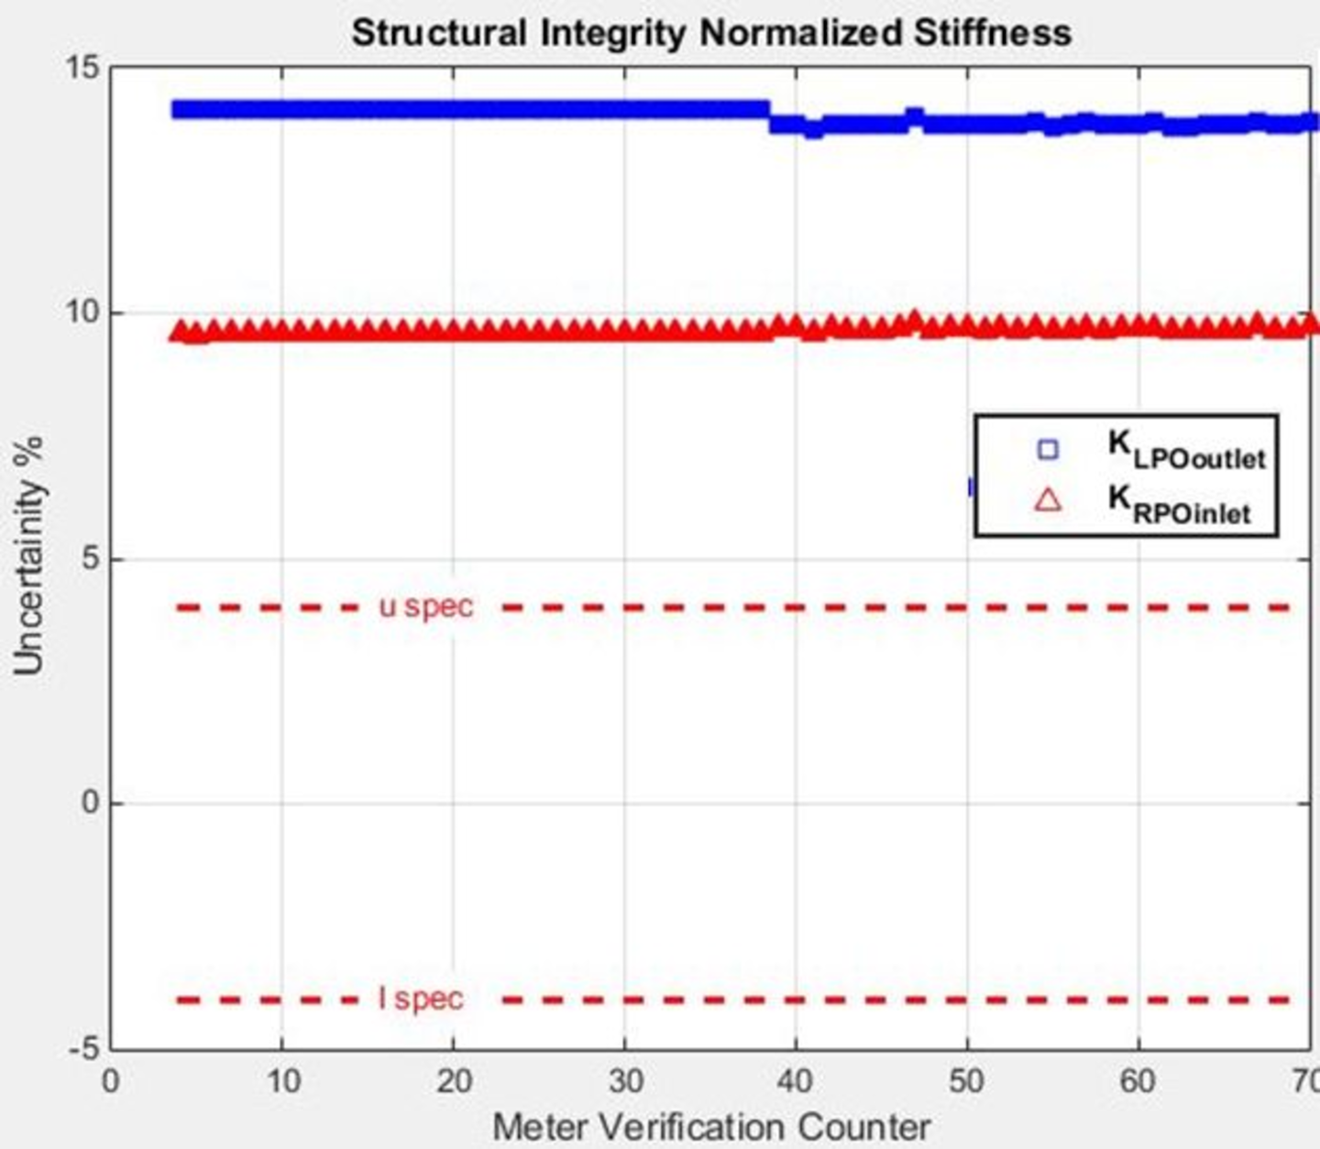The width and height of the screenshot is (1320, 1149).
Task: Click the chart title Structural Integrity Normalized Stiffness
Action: (711, 34)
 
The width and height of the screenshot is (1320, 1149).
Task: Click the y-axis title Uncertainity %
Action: (29, 557)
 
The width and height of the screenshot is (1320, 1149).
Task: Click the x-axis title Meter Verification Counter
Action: (711, 1126)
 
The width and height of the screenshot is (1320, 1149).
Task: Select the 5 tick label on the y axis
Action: (90, 558)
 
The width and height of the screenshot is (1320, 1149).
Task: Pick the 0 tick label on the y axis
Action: (90, 804)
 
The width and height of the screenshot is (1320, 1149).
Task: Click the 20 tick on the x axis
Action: (453, 1082)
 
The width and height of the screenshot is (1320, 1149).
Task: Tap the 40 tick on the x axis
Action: (795, 1082)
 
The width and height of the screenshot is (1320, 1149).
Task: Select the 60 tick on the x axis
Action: (1138, 1082)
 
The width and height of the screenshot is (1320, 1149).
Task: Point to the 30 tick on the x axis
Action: (624, 1082)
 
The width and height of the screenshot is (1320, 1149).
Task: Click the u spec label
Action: (426, 607)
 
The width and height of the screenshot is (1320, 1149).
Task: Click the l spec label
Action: (421, 998)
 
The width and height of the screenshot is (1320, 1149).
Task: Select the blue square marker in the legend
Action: (1047, 449)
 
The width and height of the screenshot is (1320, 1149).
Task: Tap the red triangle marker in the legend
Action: (1047, 500)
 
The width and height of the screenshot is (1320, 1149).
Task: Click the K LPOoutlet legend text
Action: (1185, 449)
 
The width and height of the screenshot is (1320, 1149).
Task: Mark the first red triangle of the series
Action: (181, 332)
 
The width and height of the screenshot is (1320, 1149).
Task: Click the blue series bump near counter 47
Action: (914, 116)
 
